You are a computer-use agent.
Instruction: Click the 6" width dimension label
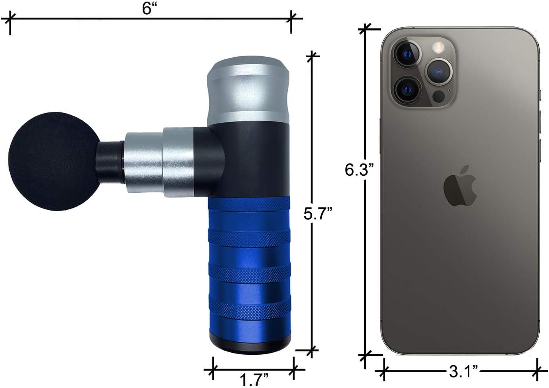(149, 9)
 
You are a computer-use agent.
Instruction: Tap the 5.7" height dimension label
(318, 213)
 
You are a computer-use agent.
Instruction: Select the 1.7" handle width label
(254, 380)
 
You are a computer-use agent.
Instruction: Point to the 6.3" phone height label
(359, 170)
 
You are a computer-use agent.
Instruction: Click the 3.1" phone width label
(463, 371)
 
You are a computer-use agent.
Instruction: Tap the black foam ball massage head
(54, 161)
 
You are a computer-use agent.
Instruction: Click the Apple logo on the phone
(460, 185)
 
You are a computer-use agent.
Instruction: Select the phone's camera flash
(438, 47)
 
